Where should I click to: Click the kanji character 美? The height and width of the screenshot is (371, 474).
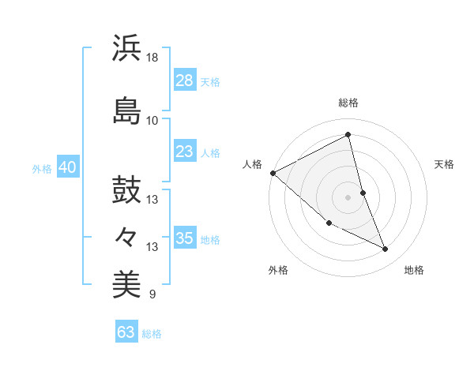point(126,284)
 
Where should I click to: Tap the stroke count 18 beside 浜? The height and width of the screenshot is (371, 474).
point(153,58)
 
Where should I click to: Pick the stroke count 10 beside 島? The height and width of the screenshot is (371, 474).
point(152,120)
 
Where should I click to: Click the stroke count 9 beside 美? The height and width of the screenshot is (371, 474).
point(152,295)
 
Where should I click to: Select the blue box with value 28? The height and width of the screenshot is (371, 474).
point(184,81)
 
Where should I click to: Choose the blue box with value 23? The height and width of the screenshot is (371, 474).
point(184,152)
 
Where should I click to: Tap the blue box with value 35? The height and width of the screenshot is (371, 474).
point(184,238)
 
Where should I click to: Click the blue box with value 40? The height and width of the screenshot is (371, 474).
point(67,167)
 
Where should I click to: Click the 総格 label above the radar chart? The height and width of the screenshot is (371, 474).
point(348,103)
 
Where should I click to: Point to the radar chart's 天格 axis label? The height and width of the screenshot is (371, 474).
point(445,164)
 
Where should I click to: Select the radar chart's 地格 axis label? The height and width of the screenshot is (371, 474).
point(414,270)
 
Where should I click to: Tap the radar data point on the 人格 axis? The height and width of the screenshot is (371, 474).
point(273,173)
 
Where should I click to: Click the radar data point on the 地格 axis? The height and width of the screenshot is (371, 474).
point(386,249)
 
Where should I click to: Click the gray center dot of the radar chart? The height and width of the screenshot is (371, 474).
point(348,197)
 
